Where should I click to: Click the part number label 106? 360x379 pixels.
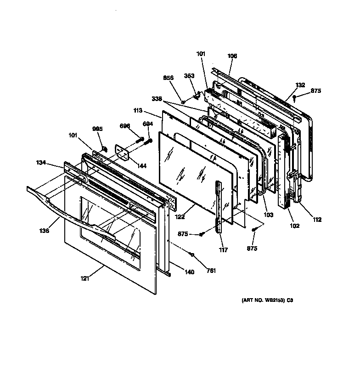pyautogui.click(x=232, y=56)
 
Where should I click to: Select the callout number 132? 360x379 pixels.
pyautogui.click(x=300, y=85)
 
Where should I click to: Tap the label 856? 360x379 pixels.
pyautogui.click(x=169, y=78)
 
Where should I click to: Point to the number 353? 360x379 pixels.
pyautogui.click(x=189, y=76)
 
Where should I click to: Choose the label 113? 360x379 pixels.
pyautogui.click(x=150, y=111)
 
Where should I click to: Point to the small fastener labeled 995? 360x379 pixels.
pyautogui.click(x=105, y=148)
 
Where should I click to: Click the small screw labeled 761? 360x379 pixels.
pyautogui.click(x=192, y=254)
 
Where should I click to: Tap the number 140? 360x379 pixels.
pyautogui.click(x=189, y=272)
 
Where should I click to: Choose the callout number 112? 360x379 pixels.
pyautogui.click(x=317, y=220)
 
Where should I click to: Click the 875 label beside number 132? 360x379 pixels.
pyautogui.click(x=316, y=91)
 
